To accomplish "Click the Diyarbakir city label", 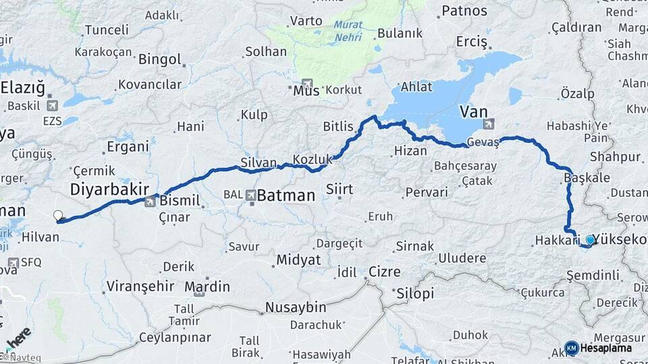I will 109,189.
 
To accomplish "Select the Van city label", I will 473,111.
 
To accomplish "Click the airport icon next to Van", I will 489,123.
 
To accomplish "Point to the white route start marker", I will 58,216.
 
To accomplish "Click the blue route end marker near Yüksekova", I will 591,240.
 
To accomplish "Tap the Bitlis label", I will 338,126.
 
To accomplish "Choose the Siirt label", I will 339,189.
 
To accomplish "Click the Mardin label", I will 207,286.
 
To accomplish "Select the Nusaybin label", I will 296,307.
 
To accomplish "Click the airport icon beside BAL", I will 251,195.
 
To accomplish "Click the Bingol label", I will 159,59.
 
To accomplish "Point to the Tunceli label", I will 107,30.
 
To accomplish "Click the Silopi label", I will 414,294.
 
